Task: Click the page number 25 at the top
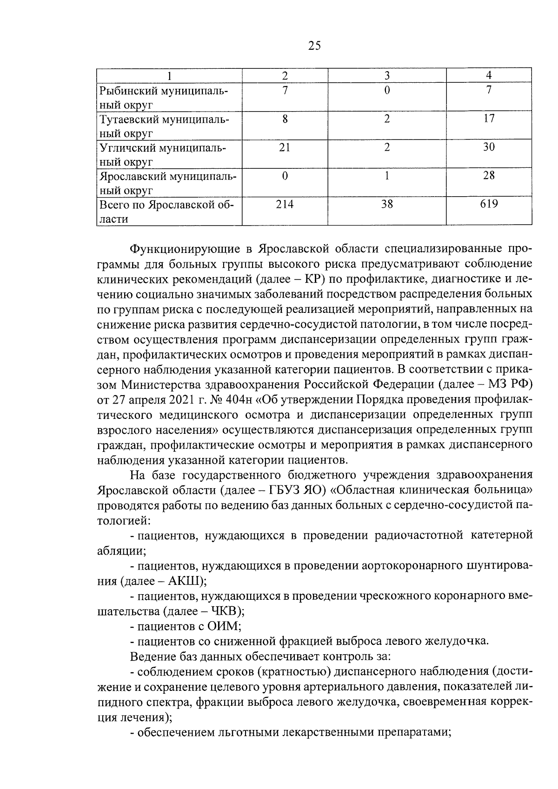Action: (x=314, y=46)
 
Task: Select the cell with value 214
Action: (x=285, y=204)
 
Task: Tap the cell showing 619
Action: (x=489, y=204)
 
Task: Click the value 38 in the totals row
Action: (x=387, y=204)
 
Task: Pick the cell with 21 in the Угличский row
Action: (x=285, y=147)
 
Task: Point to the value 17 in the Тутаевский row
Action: (x=489, y=119)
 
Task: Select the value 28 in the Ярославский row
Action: (x=489, y=176)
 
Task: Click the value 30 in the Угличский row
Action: (x=489, y=147)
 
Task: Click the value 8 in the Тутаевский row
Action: (x=285, y=119)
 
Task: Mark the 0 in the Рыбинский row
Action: (x=387, y=91)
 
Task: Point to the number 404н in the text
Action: (x=238, y=399)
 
